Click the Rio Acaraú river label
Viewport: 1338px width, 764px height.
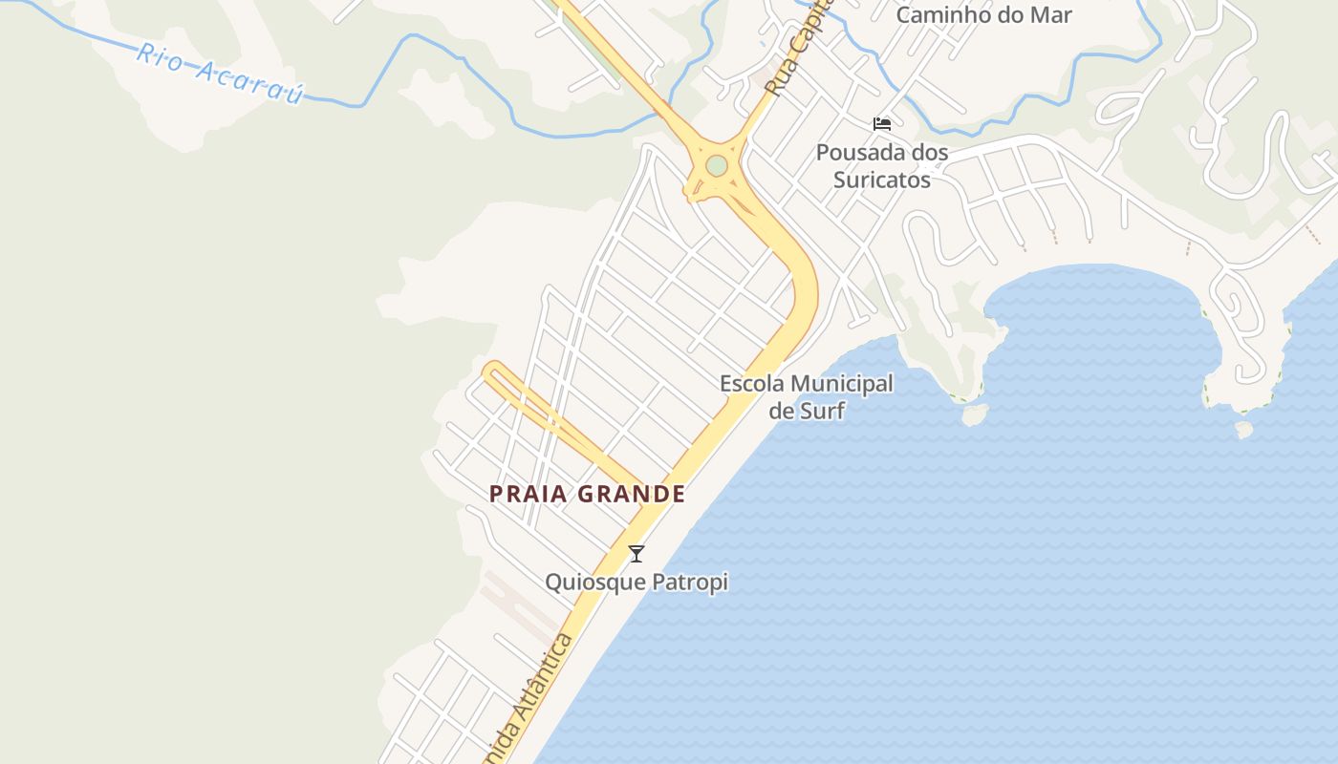(219, 73)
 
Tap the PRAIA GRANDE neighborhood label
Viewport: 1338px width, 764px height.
(587, 494)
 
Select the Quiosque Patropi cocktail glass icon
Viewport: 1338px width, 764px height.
(637, 553)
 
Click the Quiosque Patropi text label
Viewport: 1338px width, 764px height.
(637, 582)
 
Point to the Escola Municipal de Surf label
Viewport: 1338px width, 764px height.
(806, 396)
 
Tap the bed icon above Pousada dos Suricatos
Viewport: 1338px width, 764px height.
(882, 124)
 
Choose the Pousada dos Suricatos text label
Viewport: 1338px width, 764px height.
(881, 165)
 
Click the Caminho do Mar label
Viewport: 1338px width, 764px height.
(983, 14)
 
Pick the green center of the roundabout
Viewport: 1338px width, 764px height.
(717, 166)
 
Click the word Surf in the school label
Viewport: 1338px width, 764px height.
(822, 411)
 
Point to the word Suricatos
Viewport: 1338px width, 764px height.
(881, 179)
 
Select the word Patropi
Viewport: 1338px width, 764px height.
(691, 582)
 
